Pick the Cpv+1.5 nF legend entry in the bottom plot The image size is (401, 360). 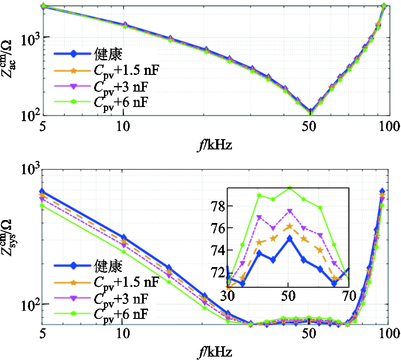pyautogui.click(x=126, y=282)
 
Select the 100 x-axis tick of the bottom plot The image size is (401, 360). pyautogui.click(x=388, y=332)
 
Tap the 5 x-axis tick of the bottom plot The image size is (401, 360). pyautogui.click(x=42, y=332)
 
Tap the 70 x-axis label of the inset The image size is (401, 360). pyautogui.click(x=349, y=295)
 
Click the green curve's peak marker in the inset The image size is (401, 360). pyautogui.click(x=289, y=188)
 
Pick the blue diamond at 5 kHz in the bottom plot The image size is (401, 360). pyautogui.click(x=42, y=191)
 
